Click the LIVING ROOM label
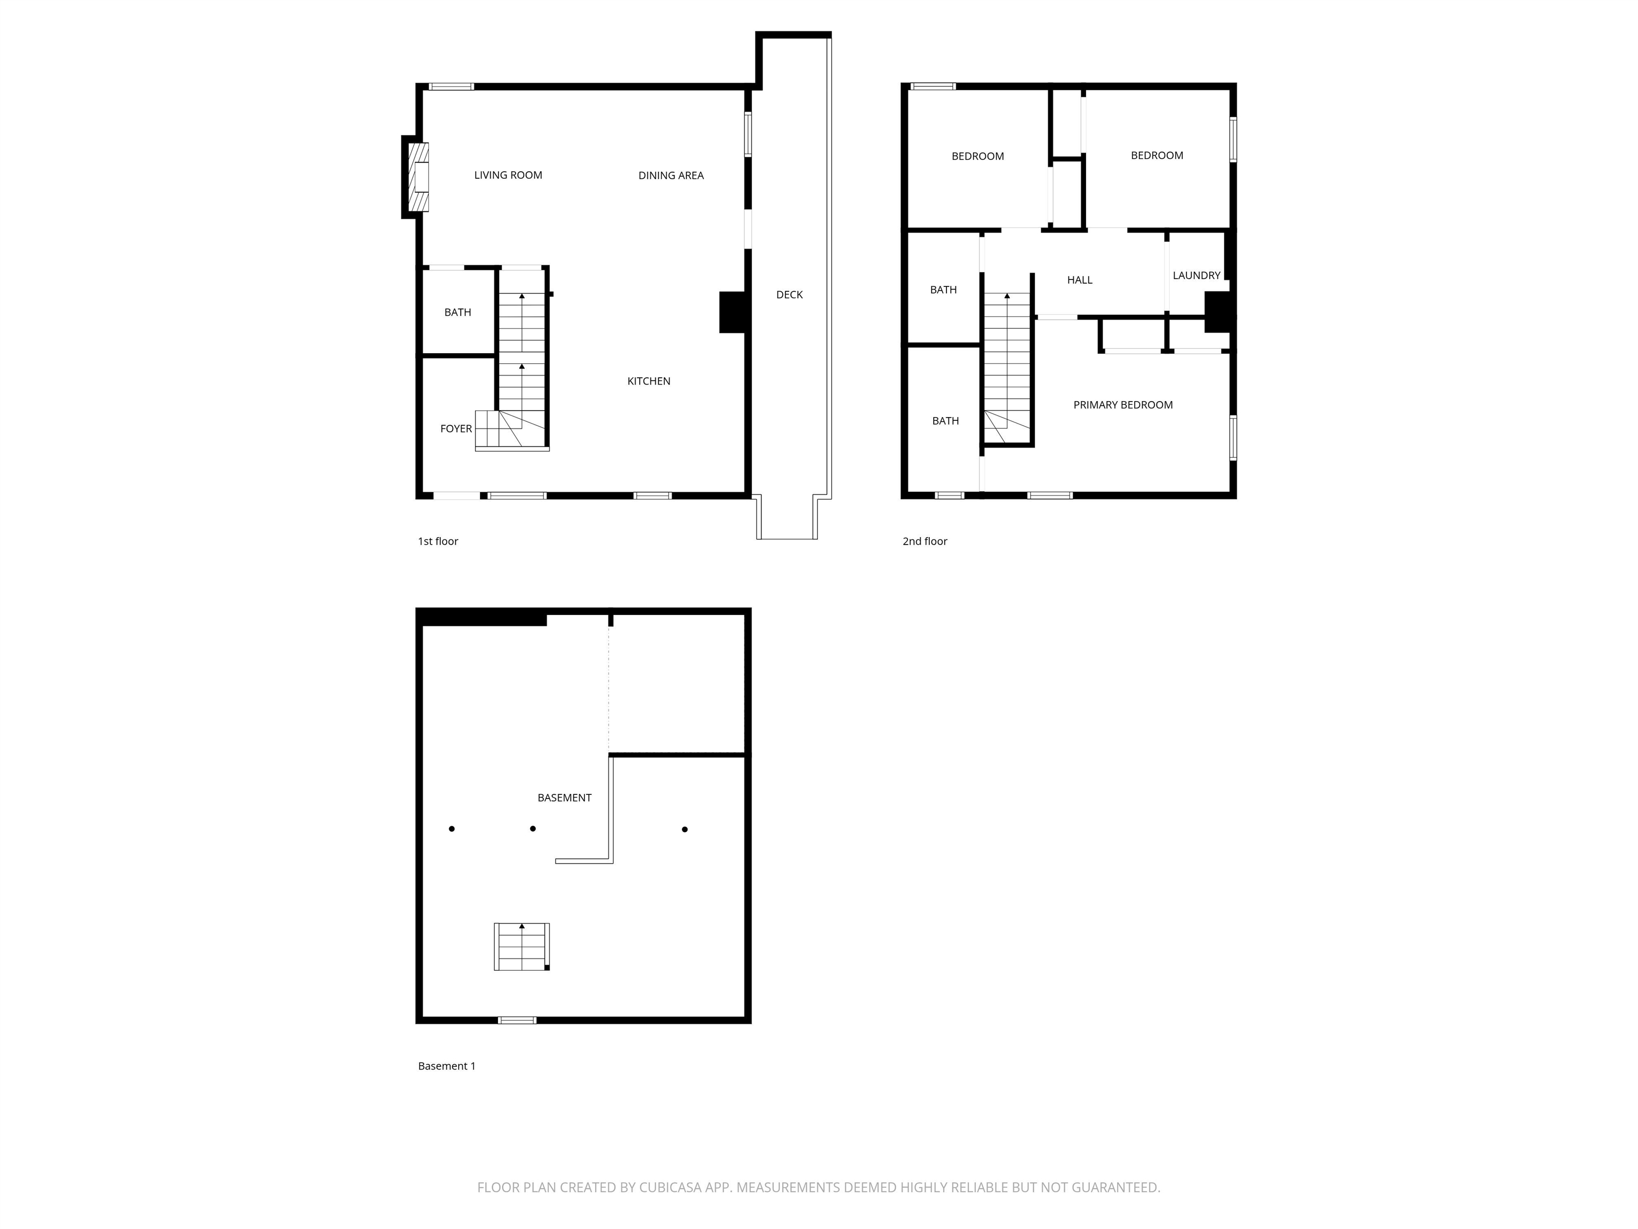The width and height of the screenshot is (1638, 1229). pos(508,175)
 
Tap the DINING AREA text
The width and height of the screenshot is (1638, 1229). pos(671,175)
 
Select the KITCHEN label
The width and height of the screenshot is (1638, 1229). pos(649,381)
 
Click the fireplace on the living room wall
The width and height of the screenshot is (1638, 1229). pos(419,177)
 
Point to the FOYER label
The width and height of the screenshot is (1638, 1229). pos(456,429)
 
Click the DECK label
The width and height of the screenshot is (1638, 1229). pos(789,295)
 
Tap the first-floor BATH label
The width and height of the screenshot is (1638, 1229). pos(457,313)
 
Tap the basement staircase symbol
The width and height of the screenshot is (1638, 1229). pos(522,947)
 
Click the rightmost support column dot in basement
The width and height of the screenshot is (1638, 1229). pos(685,829)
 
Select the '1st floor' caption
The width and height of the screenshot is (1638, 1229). pos(438,541)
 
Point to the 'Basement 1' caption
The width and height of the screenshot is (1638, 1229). pos(446,1066)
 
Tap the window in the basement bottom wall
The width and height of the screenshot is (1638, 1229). pos(517,1020)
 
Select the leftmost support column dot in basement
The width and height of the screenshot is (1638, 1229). pos(452,829)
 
